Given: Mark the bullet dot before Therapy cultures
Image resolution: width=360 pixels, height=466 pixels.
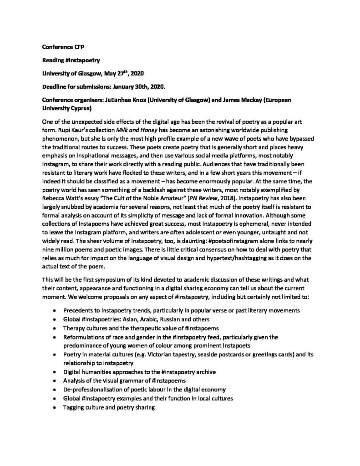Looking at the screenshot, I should click(x=55, y=328).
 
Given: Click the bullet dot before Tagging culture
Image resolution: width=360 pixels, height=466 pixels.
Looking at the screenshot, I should click(x=55, y=408).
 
